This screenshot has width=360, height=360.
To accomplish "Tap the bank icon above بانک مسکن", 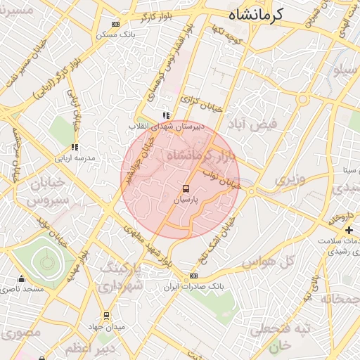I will tap(116, 24).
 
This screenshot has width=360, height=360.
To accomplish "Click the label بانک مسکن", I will tap(116, 34).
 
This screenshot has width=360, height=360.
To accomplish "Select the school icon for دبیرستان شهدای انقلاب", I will tap(166, 115).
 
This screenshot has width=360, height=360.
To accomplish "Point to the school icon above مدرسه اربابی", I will tap(75, 147).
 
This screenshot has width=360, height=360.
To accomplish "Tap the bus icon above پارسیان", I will tap(186, 188).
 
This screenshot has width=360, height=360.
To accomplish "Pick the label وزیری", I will tap(290, 179).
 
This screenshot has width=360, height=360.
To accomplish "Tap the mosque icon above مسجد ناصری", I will tap(22, 278).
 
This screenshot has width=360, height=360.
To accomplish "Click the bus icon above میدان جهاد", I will tap(106, 316).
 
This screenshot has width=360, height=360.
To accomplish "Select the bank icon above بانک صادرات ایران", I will tap(193, 276).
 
